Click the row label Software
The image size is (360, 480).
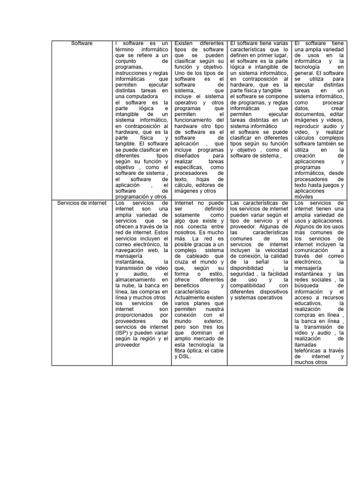[x=82, y=44]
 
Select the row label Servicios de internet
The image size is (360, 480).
[x=82, y=203]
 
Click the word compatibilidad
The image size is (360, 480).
[x=248, y=285]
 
